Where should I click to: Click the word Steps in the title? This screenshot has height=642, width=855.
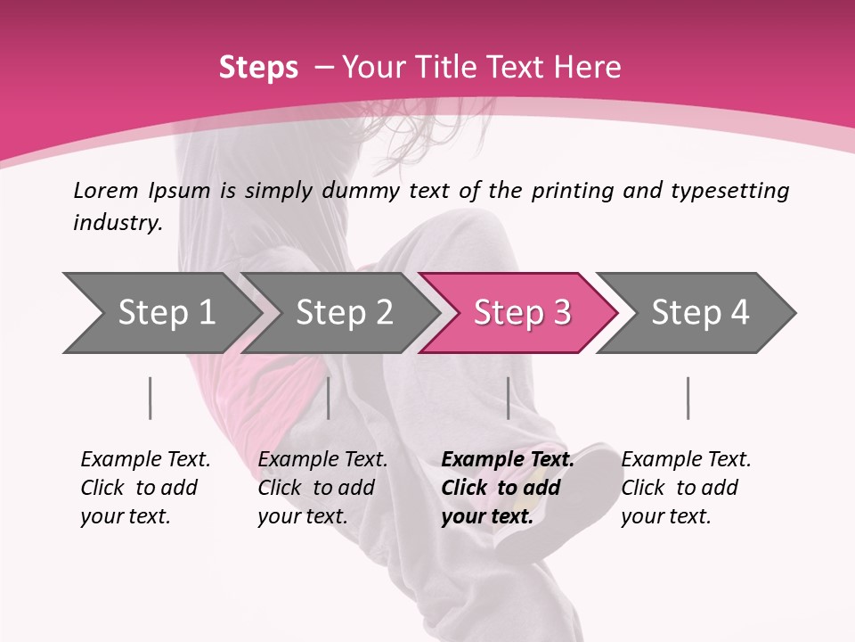coord(258,68)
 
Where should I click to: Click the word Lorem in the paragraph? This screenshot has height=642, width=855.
coord(106,190)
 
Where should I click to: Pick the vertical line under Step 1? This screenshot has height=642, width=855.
coord(151,398)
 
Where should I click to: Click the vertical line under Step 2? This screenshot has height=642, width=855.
coord(329,398)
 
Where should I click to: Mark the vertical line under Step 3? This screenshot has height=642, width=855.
coord(508,398)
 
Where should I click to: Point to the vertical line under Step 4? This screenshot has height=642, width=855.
coord(688,398)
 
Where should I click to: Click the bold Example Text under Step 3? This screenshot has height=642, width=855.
coord(508,460)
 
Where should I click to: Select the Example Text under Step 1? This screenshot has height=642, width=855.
coord(145,460)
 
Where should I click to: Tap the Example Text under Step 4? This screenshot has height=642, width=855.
coord(686,460)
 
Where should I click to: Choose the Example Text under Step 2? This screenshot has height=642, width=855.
coord(322,460)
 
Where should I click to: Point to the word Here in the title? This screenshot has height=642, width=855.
coord(591,68)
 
